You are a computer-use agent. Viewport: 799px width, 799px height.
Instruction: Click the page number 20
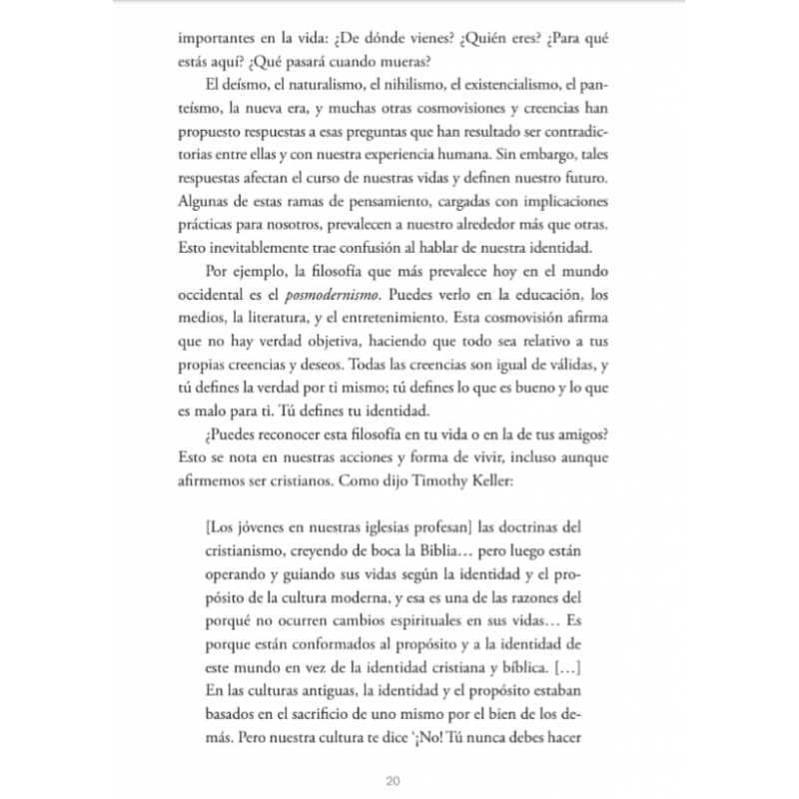point(393,780)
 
